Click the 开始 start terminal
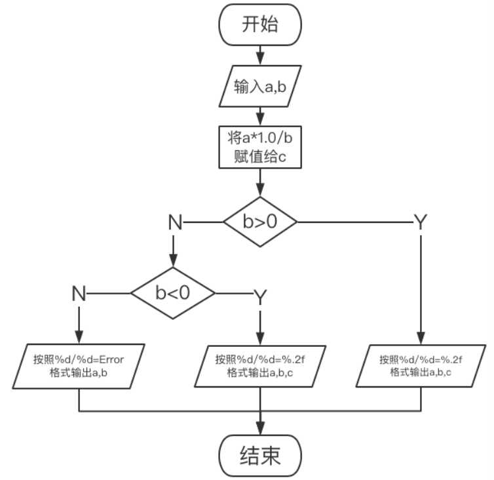coord(261,26)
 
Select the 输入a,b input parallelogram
coord(261,86)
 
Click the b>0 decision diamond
coord(261,222)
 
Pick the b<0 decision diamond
coord(173,292)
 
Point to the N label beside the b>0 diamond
coord(174,222)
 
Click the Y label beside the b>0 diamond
coord(421,222)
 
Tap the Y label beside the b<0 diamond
coord(261,297)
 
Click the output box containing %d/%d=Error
coord(79,366)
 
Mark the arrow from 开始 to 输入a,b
coord(261,52)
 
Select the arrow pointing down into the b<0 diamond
coord(174,252)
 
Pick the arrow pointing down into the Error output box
coord(79,325)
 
